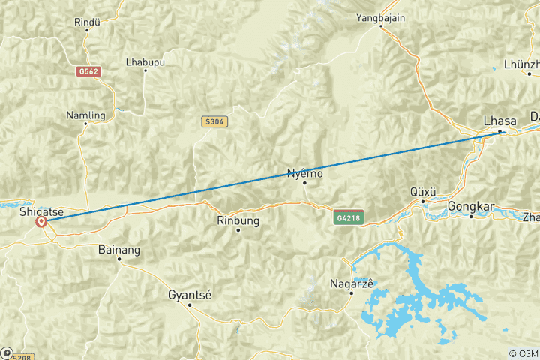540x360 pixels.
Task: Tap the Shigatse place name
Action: [x=40, y=211]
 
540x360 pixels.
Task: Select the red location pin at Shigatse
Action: [x=41, y=222]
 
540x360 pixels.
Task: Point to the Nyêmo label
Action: [x=304, y=173]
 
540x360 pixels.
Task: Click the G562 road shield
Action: [x=88, y=71]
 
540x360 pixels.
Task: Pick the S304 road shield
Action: [x=214, y=121]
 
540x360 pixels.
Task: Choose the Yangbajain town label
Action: [x=381, y=17]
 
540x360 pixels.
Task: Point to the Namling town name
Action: [x=85, y=115]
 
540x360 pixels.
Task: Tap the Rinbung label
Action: [x=237, y=220]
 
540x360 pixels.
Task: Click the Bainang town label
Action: [x=119, y=249]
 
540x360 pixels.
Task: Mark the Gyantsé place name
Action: [x=190, y=295]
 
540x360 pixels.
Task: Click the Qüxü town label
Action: [x=424, y=191]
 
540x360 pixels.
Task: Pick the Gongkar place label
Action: [x=470, y=206]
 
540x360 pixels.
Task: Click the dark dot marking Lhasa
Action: [x=500, y=132]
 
